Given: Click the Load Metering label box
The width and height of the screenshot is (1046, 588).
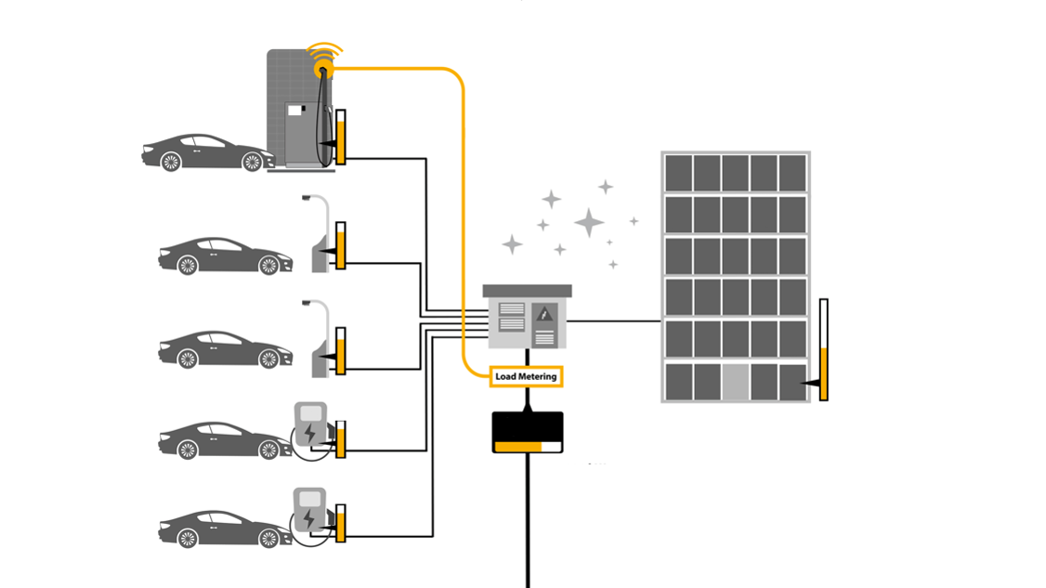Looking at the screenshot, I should point(526,376).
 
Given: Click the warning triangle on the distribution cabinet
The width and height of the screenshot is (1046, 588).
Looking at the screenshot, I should point(545,315).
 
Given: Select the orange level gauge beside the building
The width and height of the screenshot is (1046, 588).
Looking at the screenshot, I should point(823,350).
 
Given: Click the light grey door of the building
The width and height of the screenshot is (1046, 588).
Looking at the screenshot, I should point(736,382).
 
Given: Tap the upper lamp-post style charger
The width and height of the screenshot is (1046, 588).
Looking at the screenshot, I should point(319,234).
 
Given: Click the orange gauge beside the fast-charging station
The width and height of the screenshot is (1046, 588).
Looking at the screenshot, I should point(341,137).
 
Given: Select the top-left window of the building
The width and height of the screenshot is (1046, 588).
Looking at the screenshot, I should point(678,173).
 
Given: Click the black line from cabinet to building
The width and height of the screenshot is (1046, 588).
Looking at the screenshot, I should point(614,321).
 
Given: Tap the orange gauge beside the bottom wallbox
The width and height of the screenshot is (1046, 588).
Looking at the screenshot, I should point(341,523).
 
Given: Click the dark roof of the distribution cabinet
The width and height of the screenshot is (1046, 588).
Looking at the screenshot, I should point(527,291).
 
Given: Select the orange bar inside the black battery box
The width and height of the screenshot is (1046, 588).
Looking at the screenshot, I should point(518,447).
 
